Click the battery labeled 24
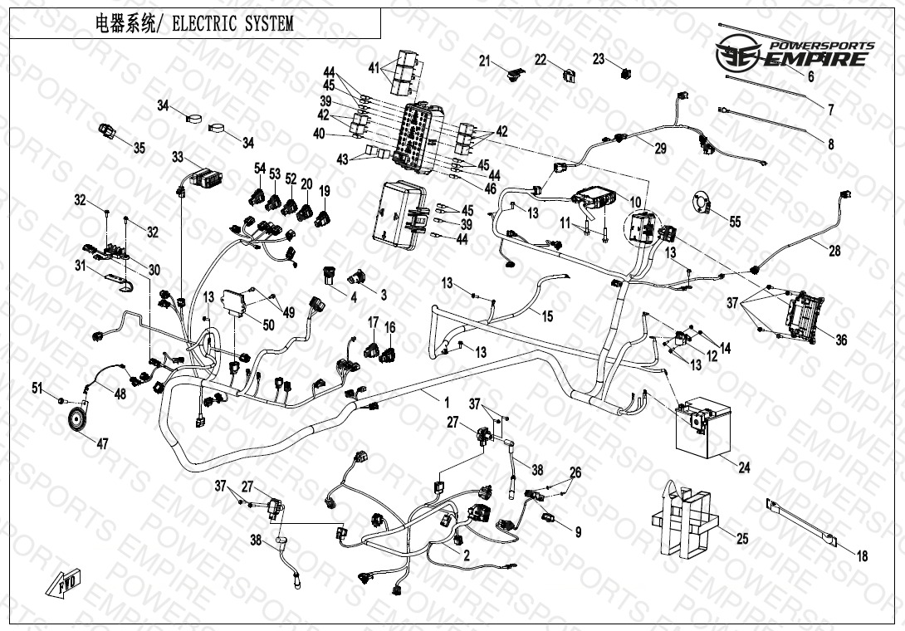702,426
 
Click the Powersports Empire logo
795,53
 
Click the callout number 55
735,221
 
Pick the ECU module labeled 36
804,315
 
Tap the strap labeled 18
802,522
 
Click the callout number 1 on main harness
446,402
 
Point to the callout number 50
268,325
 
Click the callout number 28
834,251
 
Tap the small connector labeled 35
107,131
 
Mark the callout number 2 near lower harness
467,555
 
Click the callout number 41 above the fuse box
374,68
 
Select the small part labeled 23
626,73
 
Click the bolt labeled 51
61,400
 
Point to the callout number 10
635,202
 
